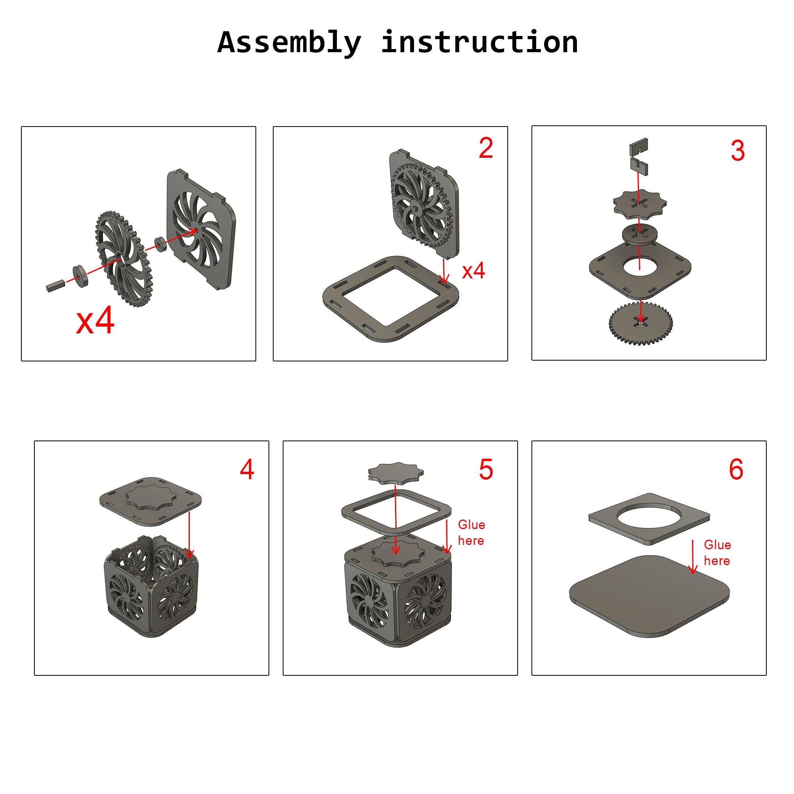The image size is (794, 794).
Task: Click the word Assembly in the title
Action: (x=289, y=42)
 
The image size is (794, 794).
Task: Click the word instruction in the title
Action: (x=479, y=42)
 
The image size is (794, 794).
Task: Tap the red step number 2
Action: (x=485, y=148)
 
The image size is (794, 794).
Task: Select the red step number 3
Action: (x=738, y=151)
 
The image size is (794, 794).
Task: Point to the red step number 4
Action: (x=247, y=469)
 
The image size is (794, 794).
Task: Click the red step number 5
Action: (x=485, y=469)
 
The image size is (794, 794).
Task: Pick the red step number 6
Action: (x=736, y=469)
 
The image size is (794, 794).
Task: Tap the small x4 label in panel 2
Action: (x=473, y=271)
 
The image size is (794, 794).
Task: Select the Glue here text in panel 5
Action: (x=471, y=533)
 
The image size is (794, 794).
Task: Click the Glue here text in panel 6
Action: (x=717, y=553)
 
